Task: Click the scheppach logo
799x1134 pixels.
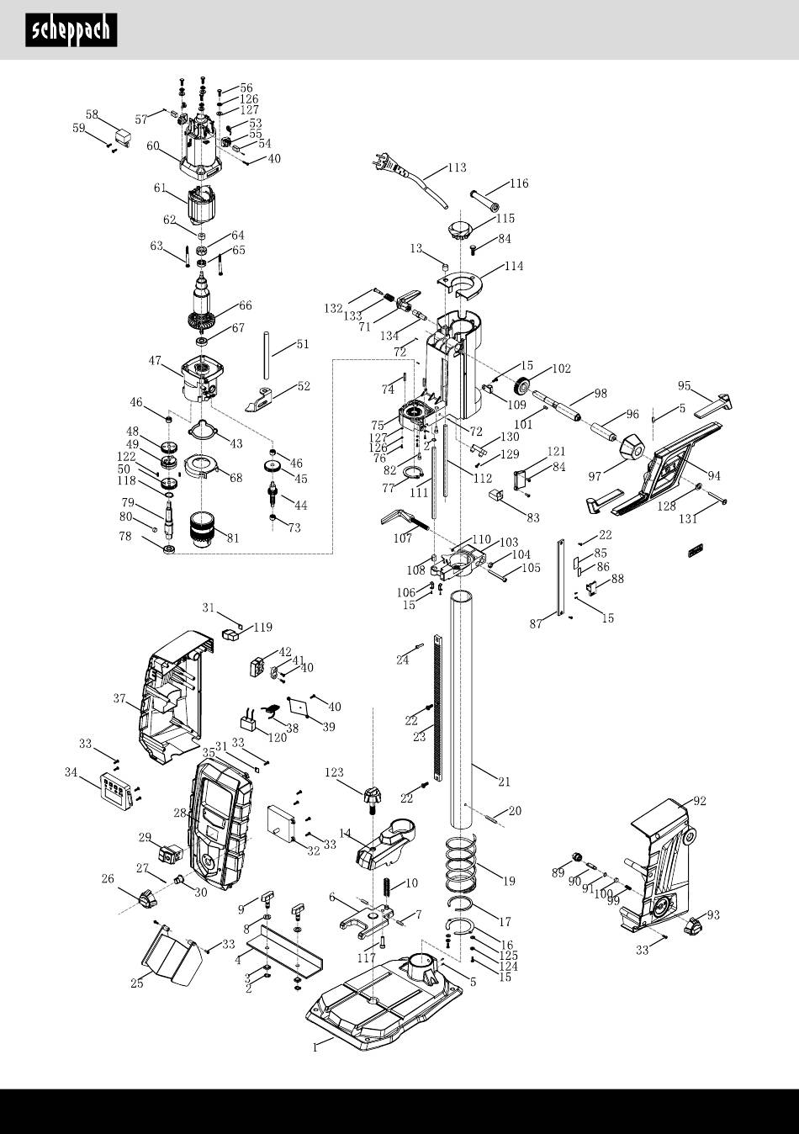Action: pyautogui.click(x=71, y=30)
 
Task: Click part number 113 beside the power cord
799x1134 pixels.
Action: pyautogui.click(x=456, y=167)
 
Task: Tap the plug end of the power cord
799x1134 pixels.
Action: pyautogui.click(x=383, y=161)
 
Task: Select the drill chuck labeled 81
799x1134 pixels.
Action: pyautogui.click(x=204, y=529)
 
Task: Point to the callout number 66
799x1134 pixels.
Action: pyautogui.click(x=245, y=305)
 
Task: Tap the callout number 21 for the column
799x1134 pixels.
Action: pyautogui.click(x=503, y=782)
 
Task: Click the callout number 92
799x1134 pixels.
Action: pyautogui.click(x=699, y=801)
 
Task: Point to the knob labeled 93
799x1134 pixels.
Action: pyautogui.click(x=695, y=927)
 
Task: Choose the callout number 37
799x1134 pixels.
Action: pyautogui.click(x=119, y=697)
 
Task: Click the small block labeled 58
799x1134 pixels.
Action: pyautogui.click(x=124, y=135)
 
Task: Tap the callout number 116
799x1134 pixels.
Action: pyautogui.click(x=519, y=183)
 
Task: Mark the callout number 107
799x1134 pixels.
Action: pyautogui.click(x=402, y=538)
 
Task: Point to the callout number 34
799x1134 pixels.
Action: pyautogui.click(x=71, y=771)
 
